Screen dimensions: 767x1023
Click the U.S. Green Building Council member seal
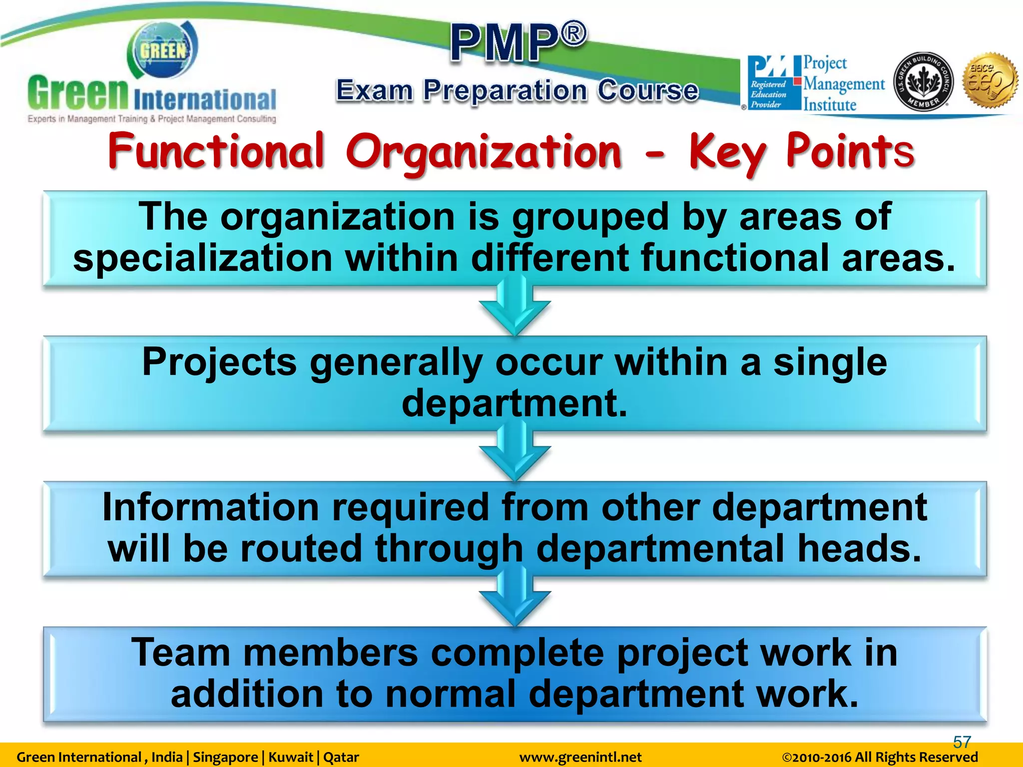tap(923, 82)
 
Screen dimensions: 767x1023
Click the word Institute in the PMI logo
tap(830, 105)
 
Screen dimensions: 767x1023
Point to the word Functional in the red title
tap(216, 150)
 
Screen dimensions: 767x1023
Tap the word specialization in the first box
tap(203, 258)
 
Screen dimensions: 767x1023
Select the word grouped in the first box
tap(590, 217)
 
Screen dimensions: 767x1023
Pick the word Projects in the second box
tap(219, 362)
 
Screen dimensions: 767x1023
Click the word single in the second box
tap(830, 362)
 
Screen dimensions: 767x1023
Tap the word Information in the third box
tap(210, 507)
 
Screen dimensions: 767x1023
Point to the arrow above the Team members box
tap(514, 599)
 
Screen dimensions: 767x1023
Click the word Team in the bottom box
tap(180, 653)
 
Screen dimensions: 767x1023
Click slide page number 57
tap(962, 742)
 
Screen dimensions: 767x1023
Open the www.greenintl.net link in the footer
tap(580, 757)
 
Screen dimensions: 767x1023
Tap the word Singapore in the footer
tap(225, 757)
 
